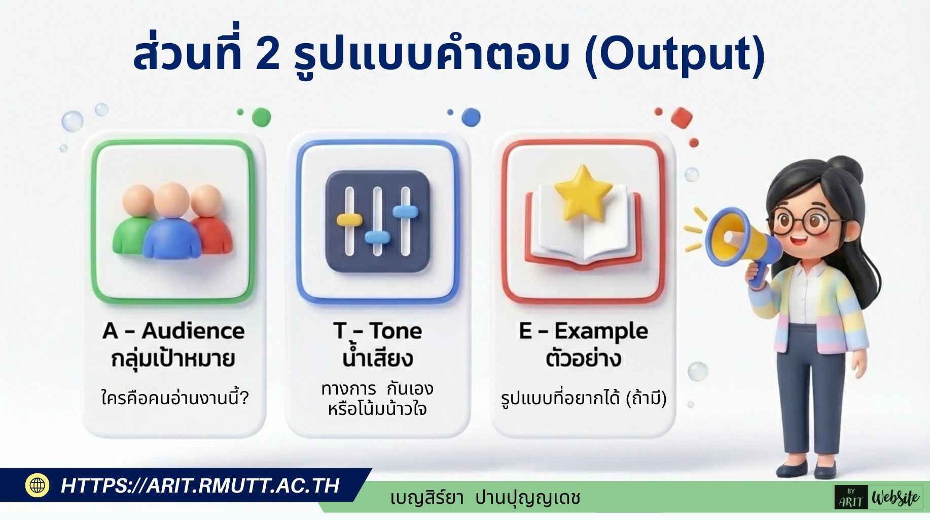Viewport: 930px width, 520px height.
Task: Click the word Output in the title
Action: pyautogui.click(x=675, y=55)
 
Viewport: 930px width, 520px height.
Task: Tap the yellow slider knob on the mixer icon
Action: pyautogui.click(x=349, y=220)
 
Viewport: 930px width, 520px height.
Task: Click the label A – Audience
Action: pyautogui.click(x=173, y=331)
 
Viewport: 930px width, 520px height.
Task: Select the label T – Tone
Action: pyautogui.click(x=378, y=331)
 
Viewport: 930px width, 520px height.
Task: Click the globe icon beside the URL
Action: pyautogui.click(x=37, y=485)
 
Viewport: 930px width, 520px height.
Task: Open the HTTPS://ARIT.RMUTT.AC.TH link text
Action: pyautogui.click(x=200, y=485)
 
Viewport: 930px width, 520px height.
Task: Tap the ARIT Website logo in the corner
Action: pyautogui.click(x=879, y=497)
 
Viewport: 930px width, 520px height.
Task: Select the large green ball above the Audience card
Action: pyautogui.click(x=261, y=117)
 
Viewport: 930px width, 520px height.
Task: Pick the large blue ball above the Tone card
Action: pyautogui.click(x=471, y=117)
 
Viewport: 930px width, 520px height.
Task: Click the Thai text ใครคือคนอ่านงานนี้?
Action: pyautogui.click(x=175, y=398)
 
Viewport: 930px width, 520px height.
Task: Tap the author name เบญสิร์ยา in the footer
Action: pyautogui.click(x=427, y=498)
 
